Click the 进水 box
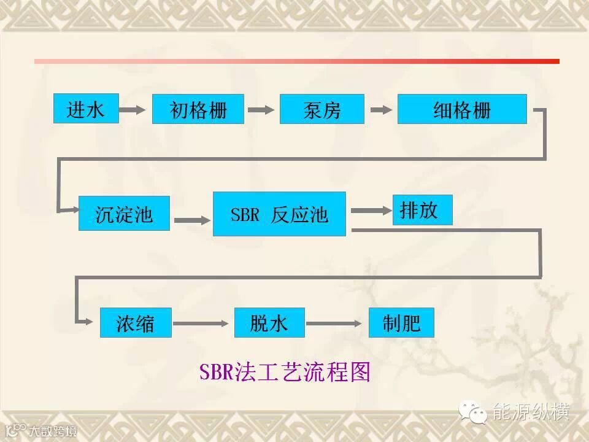click(x=86, y=109)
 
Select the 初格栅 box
click(x=198, y=109)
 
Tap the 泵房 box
click(x=322, y=109)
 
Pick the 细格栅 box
click(x=462, y=109)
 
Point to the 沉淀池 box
click(x=124, y=213)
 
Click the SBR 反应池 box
click(x=279, y=214)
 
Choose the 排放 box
click(x=423, y=210)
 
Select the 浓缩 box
click(x=136, y=322)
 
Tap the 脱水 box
click(x=269, y=322)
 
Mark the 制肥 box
click(x=401, y=322)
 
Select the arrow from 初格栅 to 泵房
click(x=261, y=110)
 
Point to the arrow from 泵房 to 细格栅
click(x=380, y=110)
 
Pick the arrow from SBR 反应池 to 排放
click(x=370, y=211)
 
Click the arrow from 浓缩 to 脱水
click(x=203, y=323)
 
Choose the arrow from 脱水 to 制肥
click(x=337, y=323)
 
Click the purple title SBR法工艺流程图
click(x=285, y=372)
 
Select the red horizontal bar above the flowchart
click(x=297, y=61)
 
